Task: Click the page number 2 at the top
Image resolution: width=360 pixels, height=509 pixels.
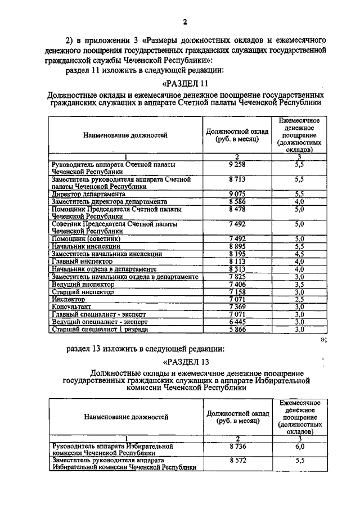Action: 184,22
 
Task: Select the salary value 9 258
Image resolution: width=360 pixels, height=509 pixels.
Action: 237,164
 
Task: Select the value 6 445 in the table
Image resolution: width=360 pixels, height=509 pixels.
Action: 237,322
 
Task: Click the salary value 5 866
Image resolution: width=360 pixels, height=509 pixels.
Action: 237,329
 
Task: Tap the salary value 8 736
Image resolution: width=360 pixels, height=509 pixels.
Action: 237,446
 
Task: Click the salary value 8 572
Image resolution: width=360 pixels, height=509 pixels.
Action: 237,460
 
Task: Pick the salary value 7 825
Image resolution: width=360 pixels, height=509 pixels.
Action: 237,277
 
